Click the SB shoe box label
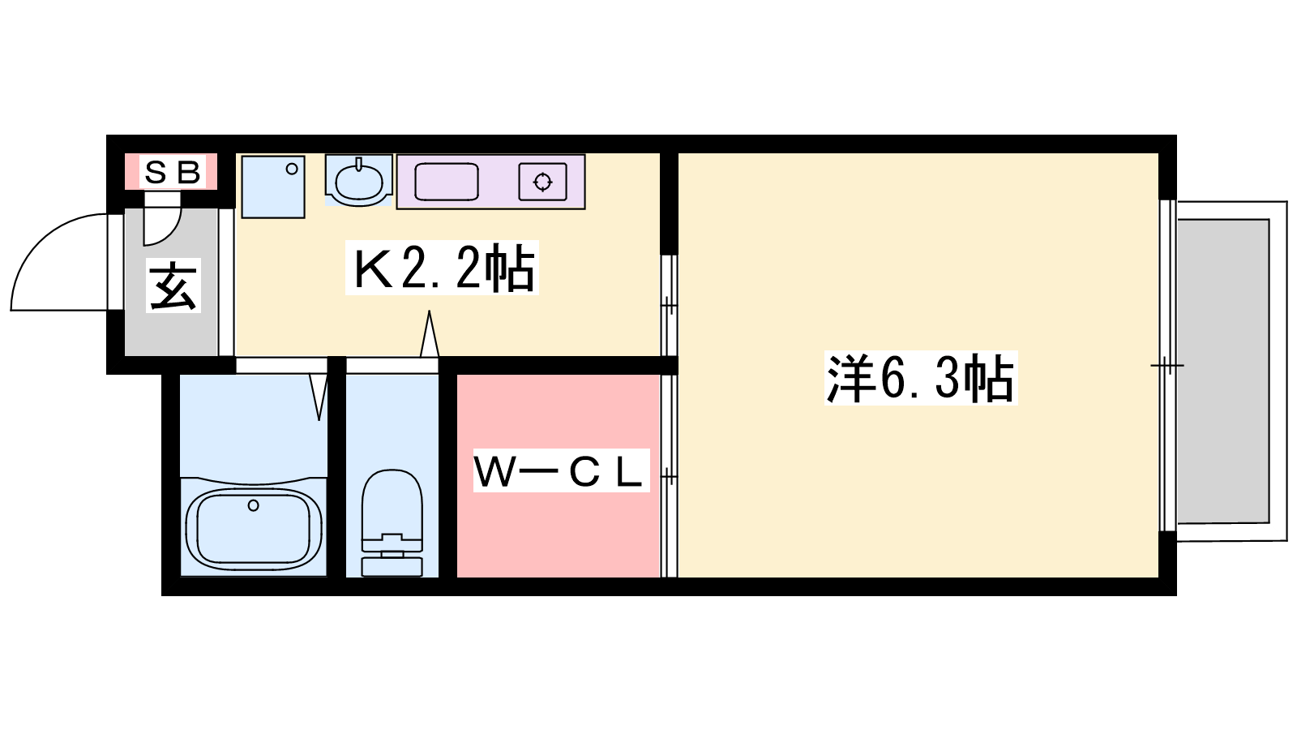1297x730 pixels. click(172, 172)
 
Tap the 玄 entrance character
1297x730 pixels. click(173, 286)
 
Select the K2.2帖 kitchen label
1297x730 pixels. click(443, 268)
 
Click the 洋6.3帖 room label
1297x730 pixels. click(921, 378)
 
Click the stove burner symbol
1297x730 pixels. click(542, 182)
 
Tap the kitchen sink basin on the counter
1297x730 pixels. click(447, 182)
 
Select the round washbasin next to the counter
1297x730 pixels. click(359, 182)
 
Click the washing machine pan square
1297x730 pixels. click(273, 187)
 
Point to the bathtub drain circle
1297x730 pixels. click(253, 506)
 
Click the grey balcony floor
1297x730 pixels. click(1223, 371)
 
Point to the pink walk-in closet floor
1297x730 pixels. click(559, 522)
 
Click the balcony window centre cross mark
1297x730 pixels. click(1167, 366)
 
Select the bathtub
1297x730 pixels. click(254, 526)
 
